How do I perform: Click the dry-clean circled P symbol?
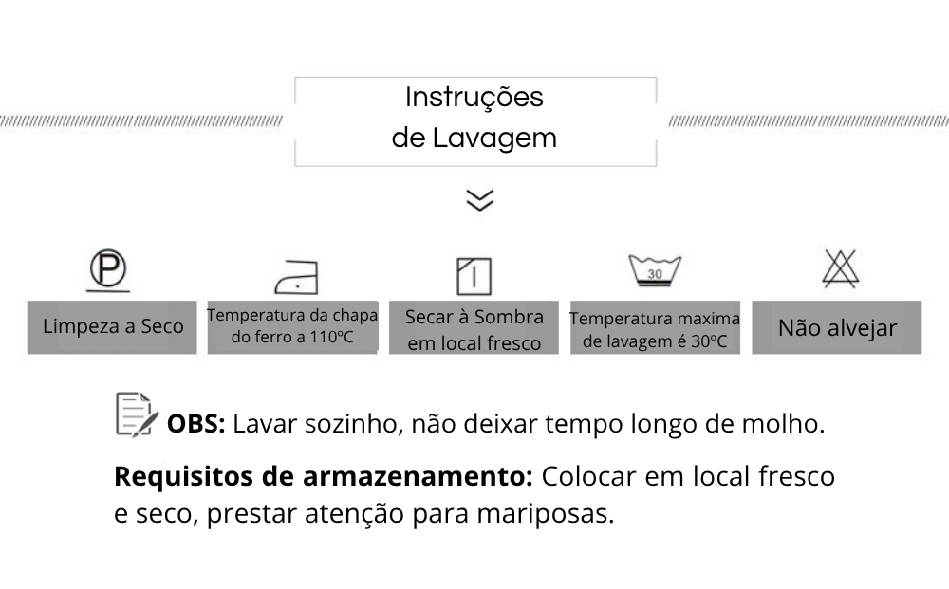tap(108, 270)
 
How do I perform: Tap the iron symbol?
tap(296, 276)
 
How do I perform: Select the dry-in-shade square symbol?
tap(474, 275)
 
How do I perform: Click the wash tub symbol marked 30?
tap(655, 271)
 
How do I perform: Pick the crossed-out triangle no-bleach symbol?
tap(840, 269)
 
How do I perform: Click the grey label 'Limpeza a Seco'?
tap(113, 327)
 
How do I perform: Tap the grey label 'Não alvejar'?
tap(837, 328)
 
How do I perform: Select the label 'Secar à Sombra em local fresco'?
tap(474, 329)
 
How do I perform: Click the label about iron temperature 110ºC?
tap(292, 326)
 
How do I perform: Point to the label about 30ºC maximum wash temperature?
tap(655, 329)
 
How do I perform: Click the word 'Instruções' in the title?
tap(474, 97)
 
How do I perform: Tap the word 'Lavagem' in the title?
tap(494, 138)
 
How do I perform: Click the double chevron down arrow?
tap(480, 200)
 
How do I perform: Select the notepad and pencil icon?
tap(136, 414)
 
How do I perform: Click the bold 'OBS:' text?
tap(195, 424)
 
